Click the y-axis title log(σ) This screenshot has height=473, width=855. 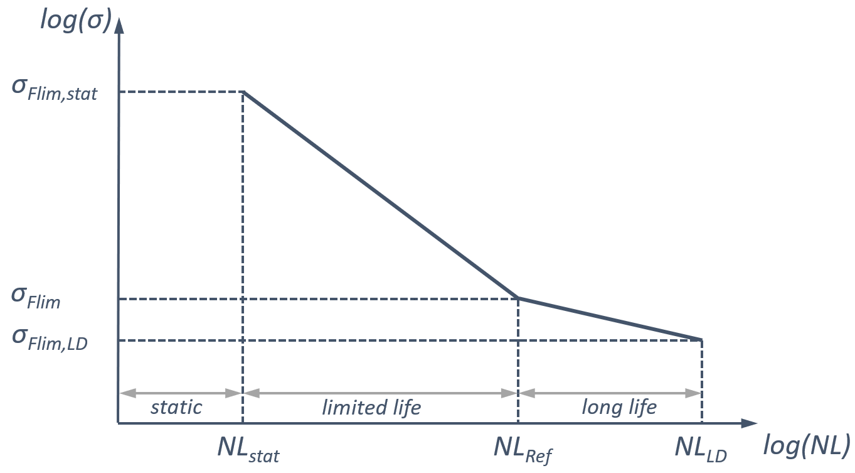[75, 19]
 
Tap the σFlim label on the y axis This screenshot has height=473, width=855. [36, 299]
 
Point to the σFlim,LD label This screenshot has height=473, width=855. [50, 340]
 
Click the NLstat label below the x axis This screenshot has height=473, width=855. [248, 448]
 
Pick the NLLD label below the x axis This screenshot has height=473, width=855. [701, 448]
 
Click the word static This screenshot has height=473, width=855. [176, 407]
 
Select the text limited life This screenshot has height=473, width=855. [371, 408]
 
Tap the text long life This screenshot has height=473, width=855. [619, 407]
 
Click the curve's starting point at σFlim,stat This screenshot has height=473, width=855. [243, 92]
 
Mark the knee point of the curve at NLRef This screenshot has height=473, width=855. [518, 298]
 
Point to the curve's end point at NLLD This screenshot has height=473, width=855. [701, 340]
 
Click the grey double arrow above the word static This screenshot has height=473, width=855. [181, 393]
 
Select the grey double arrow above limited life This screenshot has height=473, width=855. [380, 393]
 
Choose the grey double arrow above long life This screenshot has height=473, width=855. [610, 393]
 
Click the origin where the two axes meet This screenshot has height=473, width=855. [118, 423]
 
